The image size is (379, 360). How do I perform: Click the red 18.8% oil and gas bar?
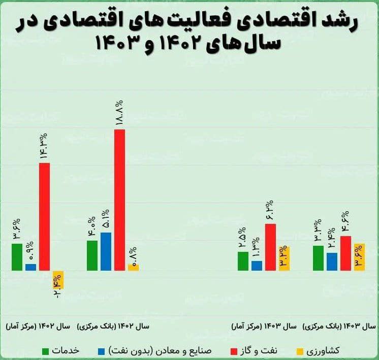point(119,200)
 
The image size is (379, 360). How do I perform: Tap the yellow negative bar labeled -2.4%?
point(57,279)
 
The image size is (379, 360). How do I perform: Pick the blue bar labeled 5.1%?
point(106,251)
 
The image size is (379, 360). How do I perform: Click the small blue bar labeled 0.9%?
point(30,267)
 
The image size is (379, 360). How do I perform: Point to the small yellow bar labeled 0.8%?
point(133,268)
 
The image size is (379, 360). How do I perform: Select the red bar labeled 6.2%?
point(270,247)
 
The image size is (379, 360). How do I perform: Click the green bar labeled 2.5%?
point(243,261)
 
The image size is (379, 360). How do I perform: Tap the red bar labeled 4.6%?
point(345,253)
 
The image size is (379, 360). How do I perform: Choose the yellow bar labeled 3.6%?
point(359,257)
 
